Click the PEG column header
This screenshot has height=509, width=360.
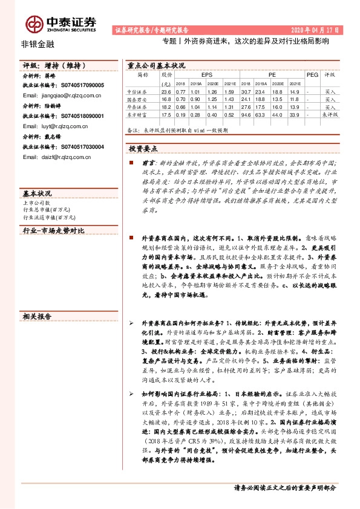(312, 74)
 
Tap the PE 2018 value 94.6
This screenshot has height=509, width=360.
(246, 114)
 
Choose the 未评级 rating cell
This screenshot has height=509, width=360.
(329, 114)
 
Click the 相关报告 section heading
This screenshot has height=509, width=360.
(38, 316)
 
